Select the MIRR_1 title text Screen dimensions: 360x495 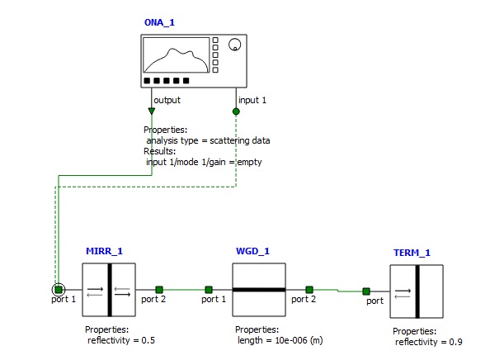tap(104, 250)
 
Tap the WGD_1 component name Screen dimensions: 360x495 tap(252, 250)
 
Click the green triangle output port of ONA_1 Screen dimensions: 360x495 tap(152, 111)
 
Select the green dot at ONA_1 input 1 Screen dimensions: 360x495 tap(236, 111)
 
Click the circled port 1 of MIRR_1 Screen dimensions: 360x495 tap(58, 290)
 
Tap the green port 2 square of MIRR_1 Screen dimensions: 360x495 tap(158, 290)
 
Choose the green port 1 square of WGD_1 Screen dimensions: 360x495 tap(209, 290)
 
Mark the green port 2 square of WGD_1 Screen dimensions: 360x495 tap(309, 290)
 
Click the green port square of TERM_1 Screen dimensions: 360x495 tap(366, 291)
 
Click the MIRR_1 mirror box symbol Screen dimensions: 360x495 tap(108, 290)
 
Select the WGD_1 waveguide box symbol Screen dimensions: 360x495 tap(258, 290)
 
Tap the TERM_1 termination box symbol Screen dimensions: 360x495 tap(417, 291)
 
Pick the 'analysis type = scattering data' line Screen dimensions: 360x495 tap(208, 140)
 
